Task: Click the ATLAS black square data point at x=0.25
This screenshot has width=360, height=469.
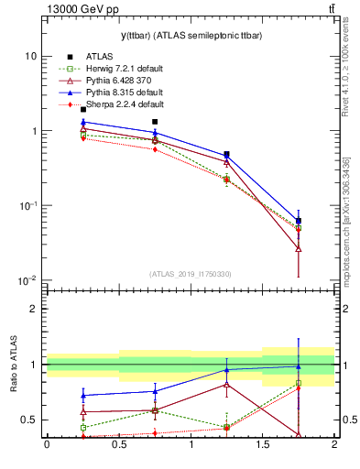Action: [83, 110]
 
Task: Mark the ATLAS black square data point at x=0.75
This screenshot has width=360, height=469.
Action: [155, 122]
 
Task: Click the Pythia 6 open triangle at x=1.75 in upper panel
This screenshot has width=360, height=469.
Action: [299, 248]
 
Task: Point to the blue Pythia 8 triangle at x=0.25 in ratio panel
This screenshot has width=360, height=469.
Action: [83, 396]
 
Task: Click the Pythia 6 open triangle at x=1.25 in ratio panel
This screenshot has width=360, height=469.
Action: [227, 385]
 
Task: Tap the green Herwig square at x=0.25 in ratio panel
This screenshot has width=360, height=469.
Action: [83, 428]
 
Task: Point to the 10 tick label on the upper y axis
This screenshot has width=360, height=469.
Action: [31, 56]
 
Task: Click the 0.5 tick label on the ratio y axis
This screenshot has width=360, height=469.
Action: [29, 420]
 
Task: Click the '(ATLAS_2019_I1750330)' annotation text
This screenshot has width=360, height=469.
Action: [191, 274]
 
